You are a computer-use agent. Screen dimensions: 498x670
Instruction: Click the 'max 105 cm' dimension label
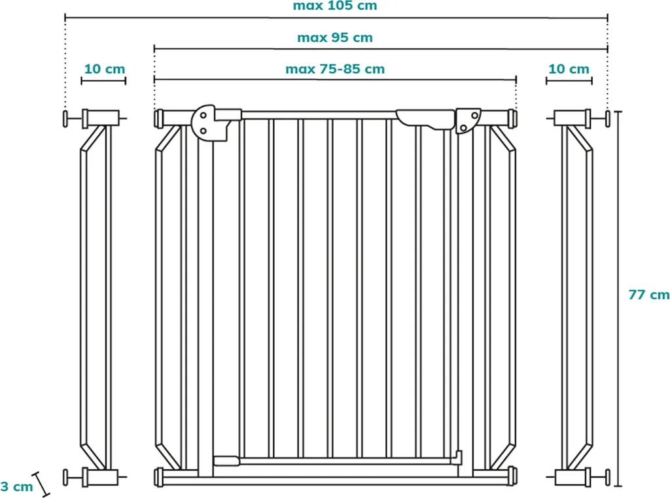coord(334,6)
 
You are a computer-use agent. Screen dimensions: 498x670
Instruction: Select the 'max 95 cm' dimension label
coord(334,37)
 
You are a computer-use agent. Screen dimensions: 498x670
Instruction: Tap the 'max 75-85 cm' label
coord(334,69)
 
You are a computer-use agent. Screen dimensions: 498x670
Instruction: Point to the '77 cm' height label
coord(648,295)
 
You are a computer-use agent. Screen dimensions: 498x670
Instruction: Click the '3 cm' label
coord(16,486)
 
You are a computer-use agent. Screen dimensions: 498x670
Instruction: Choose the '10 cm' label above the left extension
coord(104,69)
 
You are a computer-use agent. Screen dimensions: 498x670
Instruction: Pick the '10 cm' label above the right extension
coord(569,69)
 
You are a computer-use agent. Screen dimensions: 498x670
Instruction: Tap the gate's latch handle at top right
coord(425,118)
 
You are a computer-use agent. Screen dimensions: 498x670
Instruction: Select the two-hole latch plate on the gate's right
coord(468,120)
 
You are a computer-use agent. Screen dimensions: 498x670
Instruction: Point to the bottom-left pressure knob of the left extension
coord(68,477)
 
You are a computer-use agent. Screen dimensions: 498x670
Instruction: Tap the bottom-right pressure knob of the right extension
coord(608,477)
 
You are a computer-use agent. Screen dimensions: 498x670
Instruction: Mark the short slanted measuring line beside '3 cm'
coord(42,484)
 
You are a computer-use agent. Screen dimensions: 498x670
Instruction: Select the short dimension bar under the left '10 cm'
coord(103,81)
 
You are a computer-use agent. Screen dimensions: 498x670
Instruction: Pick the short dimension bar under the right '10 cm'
coord(569,81)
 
